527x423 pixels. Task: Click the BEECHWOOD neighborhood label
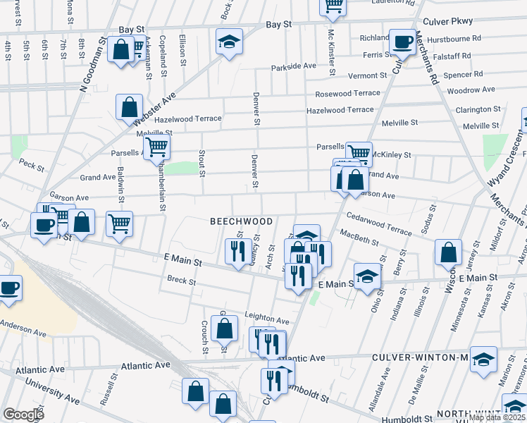coord(241,221)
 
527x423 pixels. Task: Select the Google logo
coord(23,415)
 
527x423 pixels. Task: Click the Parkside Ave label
coord(294,66)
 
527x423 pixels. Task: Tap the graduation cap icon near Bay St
coord(229,42)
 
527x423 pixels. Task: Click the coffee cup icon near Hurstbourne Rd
coord(402,42)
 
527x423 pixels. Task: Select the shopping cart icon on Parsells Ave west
coord(156,147)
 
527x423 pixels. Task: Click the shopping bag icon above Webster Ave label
coord(130,108)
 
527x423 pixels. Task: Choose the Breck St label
coord(182,281)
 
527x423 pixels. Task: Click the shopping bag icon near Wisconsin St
coord(448,252)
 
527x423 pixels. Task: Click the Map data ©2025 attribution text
coord(497,417)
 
